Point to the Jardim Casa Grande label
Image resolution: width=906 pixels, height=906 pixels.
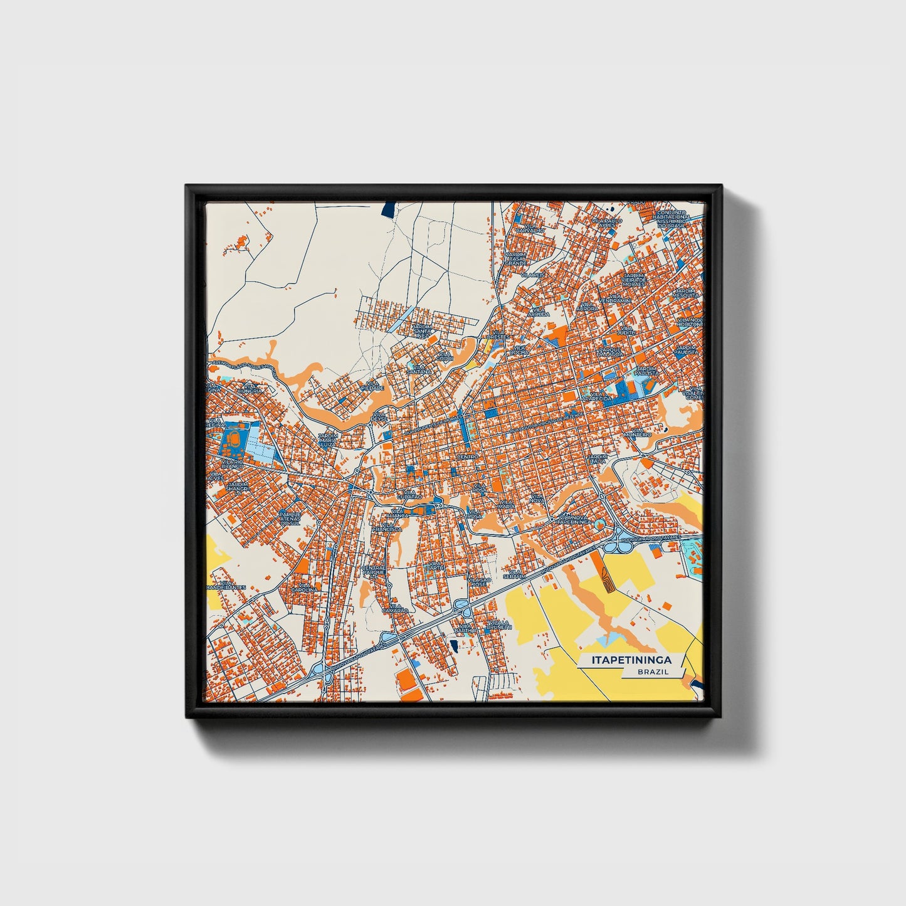tap(516, 258)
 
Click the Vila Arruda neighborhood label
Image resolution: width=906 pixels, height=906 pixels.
tap(538, 312)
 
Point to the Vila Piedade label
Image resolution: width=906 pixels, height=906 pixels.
tap(372, 386)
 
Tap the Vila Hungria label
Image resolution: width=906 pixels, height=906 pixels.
tap(251, 389)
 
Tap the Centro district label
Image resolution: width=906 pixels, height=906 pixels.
tap(467, 456)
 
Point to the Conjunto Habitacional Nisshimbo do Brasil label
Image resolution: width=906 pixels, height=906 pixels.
tap(673, 219)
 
